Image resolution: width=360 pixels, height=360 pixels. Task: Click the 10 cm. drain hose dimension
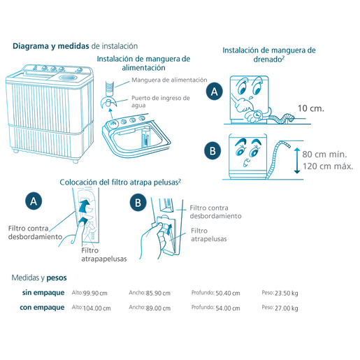click(311, 108)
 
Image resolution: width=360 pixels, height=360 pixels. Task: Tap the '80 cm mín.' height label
click(324, 154)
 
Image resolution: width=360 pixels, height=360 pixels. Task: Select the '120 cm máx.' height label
click(328, 166)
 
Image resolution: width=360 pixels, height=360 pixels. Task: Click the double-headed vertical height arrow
click(297, 161)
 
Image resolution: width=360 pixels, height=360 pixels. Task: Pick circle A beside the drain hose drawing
click(215, 92)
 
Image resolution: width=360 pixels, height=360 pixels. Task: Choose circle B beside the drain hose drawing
click(213, 151)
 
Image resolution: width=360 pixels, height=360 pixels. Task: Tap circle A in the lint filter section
click(34, 201)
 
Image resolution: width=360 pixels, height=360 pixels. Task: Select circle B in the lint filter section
click(138, 203)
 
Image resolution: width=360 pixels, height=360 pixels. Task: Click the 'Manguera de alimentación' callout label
click(169, 80)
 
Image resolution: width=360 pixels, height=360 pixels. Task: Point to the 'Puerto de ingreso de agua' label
click(161, 101)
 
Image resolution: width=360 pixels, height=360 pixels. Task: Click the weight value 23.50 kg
click(287, 293)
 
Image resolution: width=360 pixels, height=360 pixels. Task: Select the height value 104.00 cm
click(97, 308)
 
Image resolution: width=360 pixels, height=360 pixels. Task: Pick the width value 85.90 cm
click(158, 293)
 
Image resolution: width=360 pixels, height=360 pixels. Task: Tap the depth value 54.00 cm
click(228, 308)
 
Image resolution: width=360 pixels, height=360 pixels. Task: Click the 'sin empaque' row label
click(43, 293)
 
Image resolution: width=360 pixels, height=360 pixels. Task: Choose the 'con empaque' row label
click(42, 308)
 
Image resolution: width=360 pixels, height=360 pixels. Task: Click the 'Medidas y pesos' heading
click(39, 278)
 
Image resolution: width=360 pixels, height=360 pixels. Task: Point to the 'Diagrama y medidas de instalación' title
click(75, 46)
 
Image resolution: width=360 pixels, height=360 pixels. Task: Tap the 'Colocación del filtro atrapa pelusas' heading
click(120, 182)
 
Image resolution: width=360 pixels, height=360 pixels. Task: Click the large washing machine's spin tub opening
click(67, 78)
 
